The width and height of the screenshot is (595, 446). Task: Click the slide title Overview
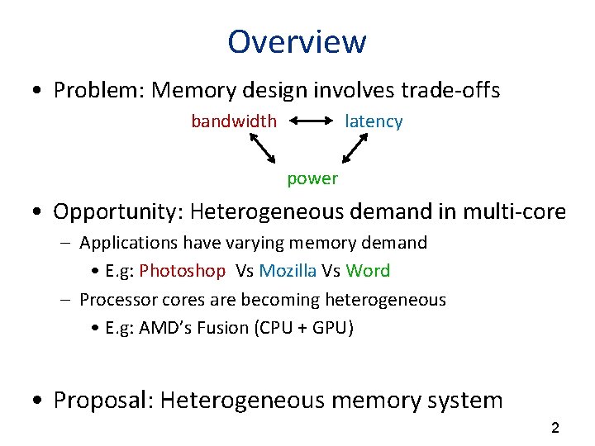point(297,41)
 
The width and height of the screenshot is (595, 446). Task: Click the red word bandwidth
point(234,121)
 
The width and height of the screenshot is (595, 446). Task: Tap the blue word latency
point(374,121)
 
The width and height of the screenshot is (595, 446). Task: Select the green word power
point(312,178)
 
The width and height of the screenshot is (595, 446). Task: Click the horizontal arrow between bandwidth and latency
point(311,121)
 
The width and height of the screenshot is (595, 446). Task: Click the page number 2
point(555,428)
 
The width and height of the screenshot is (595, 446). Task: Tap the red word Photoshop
point(182,271)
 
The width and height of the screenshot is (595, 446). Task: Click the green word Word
point(368,271)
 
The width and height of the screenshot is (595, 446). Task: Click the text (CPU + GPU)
point(306,328)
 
